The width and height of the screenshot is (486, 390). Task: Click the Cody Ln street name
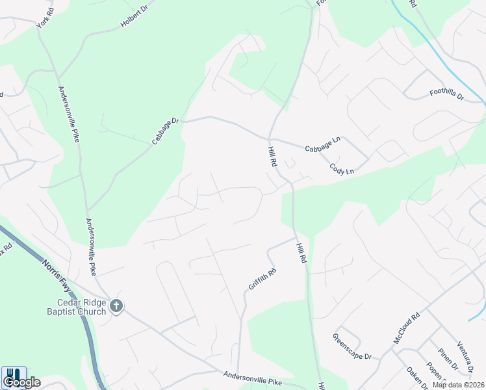[342, 168]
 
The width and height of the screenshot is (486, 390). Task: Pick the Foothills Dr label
[447, 95]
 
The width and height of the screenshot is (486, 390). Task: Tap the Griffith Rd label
[262, 279]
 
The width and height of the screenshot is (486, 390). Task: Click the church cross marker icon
[116, 305]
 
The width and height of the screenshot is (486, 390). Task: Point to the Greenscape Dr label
[352, 347]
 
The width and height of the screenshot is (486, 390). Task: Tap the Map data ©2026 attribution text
[457, 385]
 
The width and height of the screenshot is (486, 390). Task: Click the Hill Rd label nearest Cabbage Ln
[272, 157]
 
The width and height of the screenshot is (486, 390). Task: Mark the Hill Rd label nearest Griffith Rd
[301, 251]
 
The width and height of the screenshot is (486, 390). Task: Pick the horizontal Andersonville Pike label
[253, 378]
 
